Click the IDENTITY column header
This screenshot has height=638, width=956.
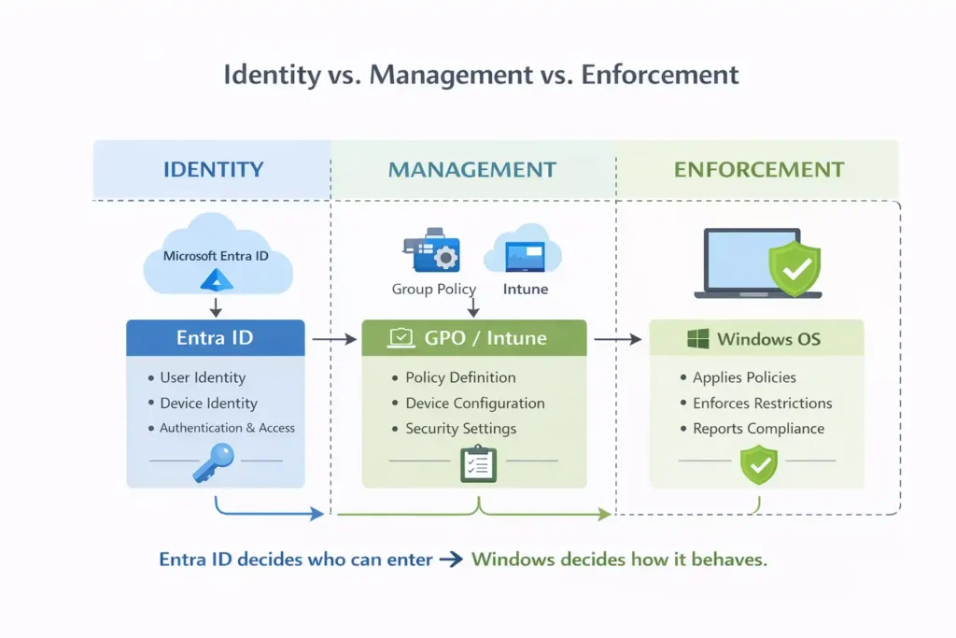click(213, 170)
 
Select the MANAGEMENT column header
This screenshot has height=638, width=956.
click(472, 170)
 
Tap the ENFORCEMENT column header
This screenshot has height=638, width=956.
click(759, 170)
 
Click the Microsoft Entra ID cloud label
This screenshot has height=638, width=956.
click(216, 255)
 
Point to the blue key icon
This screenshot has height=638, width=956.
click(213, 461)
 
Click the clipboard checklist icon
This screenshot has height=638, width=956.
click(478, 464)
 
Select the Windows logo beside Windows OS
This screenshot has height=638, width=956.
click(697, 338)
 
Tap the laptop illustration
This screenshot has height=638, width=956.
click(747, 264)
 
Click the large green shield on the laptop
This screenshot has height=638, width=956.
click(794, 269)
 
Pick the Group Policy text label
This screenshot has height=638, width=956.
click(433, 289)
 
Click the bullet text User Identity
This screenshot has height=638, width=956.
click(202, 377)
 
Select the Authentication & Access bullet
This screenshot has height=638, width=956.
click(227, 428)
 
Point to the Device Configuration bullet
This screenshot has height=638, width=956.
click(474, 403)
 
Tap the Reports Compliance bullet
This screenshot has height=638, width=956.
click(758, 429)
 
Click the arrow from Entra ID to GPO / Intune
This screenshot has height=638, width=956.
click(333, 339)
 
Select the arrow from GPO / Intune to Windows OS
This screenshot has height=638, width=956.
click(617, 339)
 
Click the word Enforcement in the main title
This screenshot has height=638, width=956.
click(660, 75)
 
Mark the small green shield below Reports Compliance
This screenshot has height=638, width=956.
click(758, 464)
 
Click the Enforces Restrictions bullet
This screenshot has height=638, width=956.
click(762, 403)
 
